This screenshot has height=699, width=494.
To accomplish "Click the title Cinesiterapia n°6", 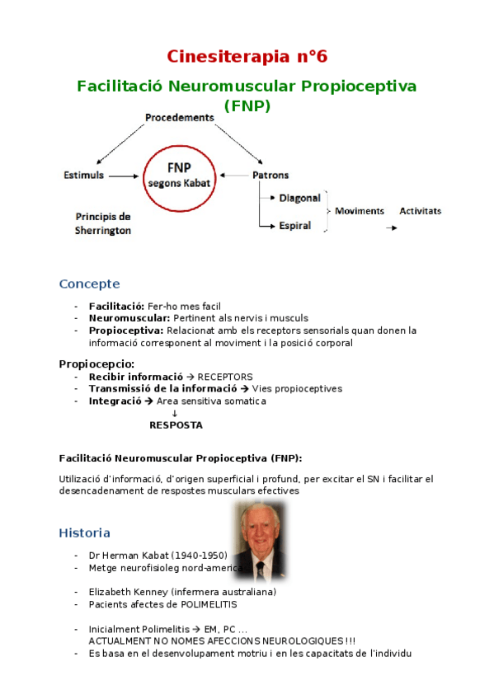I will (x=247, y=56).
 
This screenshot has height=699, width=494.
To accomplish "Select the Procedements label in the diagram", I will (x=179, y=118).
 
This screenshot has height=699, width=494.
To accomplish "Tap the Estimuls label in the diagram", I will (x=84, y=176).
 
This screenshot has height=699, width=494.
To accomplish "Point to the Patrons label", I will (x=271, y=176).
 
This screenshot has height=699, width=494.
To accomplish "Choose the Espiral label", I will (x=294, y=225).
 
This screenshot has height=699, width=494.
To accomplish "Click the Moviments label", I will (x=360, y=211).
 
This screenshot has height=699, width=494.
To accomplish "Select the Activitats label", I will (x=420, y=211).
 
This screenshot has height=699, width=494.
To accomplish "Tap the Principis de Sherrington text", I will (x=103, y=223).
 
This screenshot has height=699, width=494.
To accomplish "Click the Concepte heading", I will (x=89, y=284).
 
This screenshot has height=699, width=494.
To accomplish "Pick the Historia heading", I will (x=84, y=532).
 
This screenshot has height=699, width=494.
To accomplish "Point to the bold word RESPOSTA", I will (x=175, y=425).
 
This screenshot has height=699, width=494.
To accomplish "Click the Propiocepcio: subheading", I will (x=96, y=364).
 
